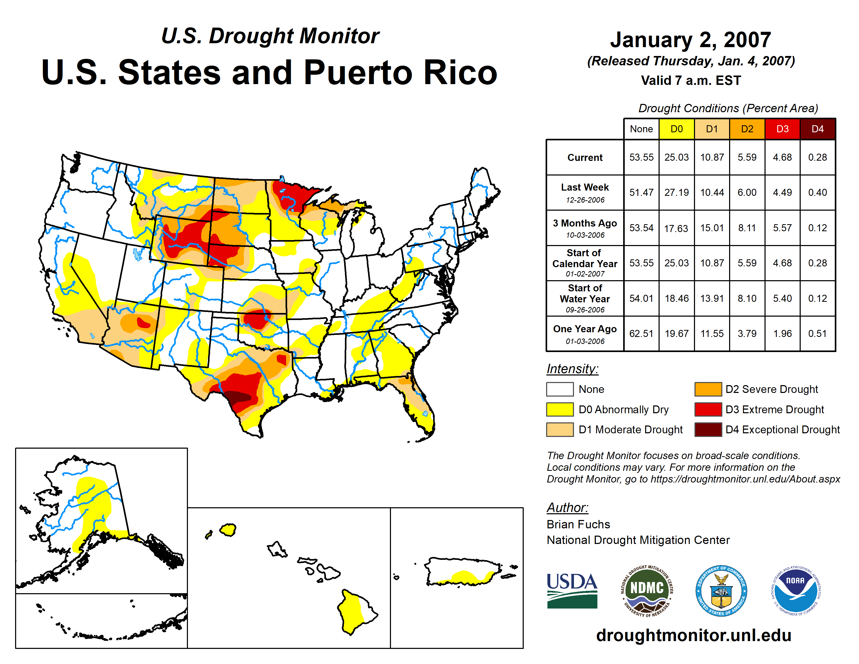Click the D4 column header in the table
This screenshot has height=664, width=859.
(x=817, y=129)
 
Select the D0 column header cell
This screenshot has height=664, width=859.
(x=677, y=129)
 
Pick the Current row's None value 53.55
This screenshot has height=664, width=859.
(x=641, y=157)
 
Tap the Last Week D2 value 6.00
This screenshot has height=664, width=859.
(x=747, y=192)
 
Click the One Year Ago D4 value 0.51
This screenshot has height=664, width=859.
(x=817, y=334)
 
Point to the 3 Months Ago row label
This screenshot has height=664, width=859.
(x=585, y=228)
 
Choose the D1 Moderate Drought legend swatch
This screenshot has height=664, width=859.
(x=560, y=430)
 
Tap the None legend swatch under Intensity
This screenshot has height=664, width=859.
(x=560, y=389)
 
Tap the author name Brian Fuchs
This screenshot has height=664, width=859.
(x=578, y=524)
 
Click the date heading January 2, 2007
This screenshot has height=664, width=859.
(x=690, y=40)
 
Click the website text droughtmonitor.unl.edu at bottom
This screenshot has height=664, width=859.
(x=693, y=635)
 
